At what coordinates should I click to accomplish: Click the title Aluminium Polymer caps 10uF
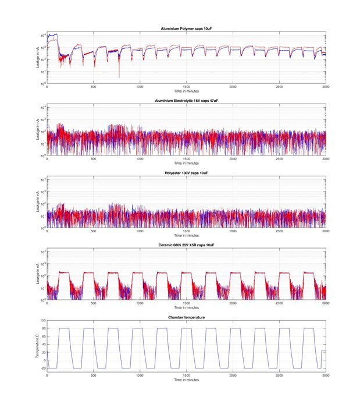pyautogui.click(x=186, y=28)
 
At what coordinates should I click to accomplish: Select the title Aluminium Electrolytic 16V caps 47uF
pyautogui.click(x=186, y=101)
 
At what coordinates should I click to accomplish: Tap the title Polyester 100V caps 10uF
pyautogui.click(x=186, y=173)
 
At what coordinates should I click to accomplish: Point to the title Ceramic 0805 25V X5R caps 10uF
pyautogui.click(x=186, y=245)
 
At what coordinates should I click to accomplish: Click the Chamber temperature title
pyautogui.click(x=186, y=317)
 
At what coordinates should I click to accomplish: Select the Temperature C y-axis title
pyautogui.click(x=37, y=348)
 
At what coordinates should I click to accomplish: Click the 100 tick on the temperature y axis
pyautogui.click(x=42, y=320)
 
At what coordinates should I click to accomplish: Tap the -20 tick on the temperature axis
pyautogui.click(x=42, y=368)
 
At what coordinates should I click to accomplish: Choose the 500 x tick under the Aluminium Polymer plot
pyautogui.click(x=94, y=87)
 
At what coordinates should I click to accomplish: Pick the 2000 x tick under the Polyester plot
pyautogui.click(x=233, y=232)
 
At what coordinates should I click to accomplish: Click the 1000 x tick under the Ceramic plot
pyautogui.click(x=140, y=304)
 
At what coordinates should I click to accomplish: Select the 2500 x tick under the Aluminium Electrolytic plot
pyautogui.click(x=279, y=160)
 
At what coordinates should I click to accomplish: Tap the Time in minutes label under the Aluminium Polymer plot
pyautogui.click(x=186, y=91)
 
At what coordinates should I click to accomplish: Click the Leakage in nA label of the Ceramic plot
pyautogui.click(x=36, y=275)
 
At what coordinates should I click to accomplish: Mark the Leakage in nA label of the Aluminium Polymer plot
pyautogui.click(x=36, y=58)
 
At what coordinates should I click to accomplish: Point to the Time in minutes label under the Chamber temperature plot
pyautogui.click(x=186, y=380)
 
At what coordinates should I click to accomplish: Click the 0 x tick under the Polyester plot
pyautogui.click(x=48, y=232)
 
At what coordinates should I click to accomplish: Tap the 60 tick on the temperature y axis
pyautogui.click(x=44, y=336)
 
